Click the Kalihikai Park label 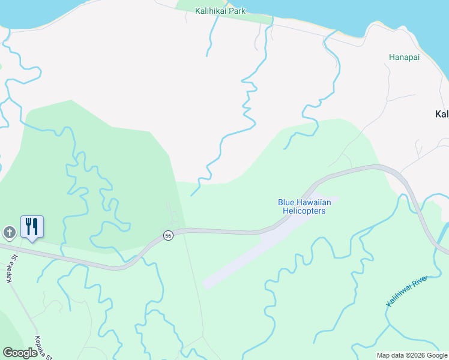[x=220, y=11]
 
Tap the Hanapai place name [x=404, y=58]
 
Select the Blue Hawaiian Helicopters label [x=304, y=206]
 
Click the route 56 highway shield [x=169, y=235]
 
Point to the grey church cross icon [x=9, y=232]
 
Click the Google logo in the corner [x=20, y=352]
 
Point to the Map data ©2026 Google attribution [x=412, y=355]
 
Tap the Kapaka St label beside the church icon [x=10, y=272]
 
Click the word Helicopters [x=304, y=211]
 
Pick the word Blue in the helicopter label [x=286, y=202]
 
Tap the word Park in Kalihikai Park [x=237, y=11]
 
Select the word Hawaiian [x=313, y=202]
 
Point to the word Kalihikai [x=211, y=11]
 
